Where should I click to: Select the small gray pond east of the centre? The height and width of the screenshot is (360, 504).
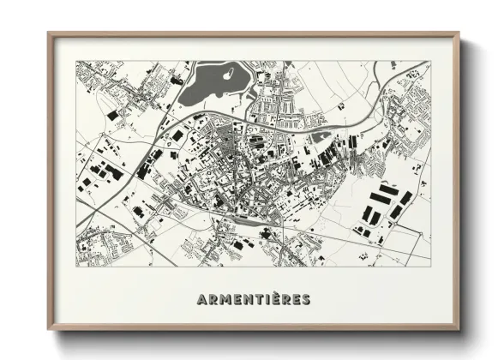(319, 135)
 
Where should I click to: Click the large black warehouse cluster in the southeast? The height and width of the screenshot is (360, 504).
(382, 206)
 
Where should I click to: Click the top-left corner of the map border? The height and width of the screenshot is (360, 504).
(76, 61)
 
